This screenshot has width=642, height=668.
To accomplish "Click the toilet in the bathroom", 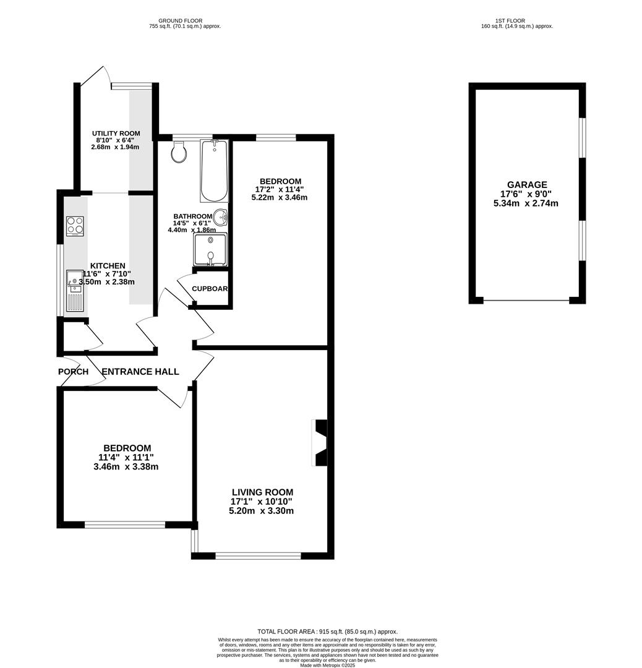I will coord(179,152).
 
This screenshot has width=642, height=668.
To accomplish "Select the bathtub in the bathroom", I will coord(214,171).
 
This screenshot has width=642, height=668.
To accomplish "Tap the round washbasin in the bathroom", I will coord(222,218).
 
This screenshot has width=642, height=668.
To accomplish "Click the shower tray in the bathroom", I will coord(211,250).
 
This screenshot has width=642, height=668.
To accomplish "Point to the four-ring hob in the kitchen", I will coord(75,226).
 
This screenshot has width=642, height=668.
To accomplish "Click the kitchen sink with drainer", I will coord(74,289).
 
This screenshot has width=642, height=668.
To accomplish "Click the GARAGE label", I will coord(527,184).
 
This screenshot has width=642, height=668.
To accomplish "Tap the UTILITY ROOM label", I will coord(116,134).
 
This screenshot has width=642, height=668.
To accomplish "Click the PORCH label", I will coord(73,372).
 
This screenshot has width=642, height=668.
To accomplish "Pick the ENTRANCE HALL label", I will coord(140,372).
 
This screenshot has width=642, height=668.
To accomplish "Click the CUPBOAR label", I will coord(210,289).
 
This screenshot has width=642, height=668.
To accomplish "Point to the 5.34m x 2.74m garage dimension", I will coord(526,203).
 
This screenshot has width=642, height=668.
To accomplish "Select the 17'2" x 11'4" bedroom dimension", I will coord(280,189).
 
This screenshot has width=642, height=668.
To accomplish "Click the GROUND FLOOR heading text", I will coord(180,21).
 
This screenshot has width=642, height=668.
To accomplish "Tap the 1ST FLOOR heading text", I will coord(517,21).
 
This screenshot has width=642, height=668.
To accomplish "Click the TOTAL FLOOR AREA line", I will coord(327,632).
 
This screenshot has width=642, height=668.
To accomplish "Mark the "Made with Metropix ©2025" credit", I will coord(327,665).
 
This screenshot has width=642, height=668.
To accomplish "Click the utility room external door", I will coord(94,76).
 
